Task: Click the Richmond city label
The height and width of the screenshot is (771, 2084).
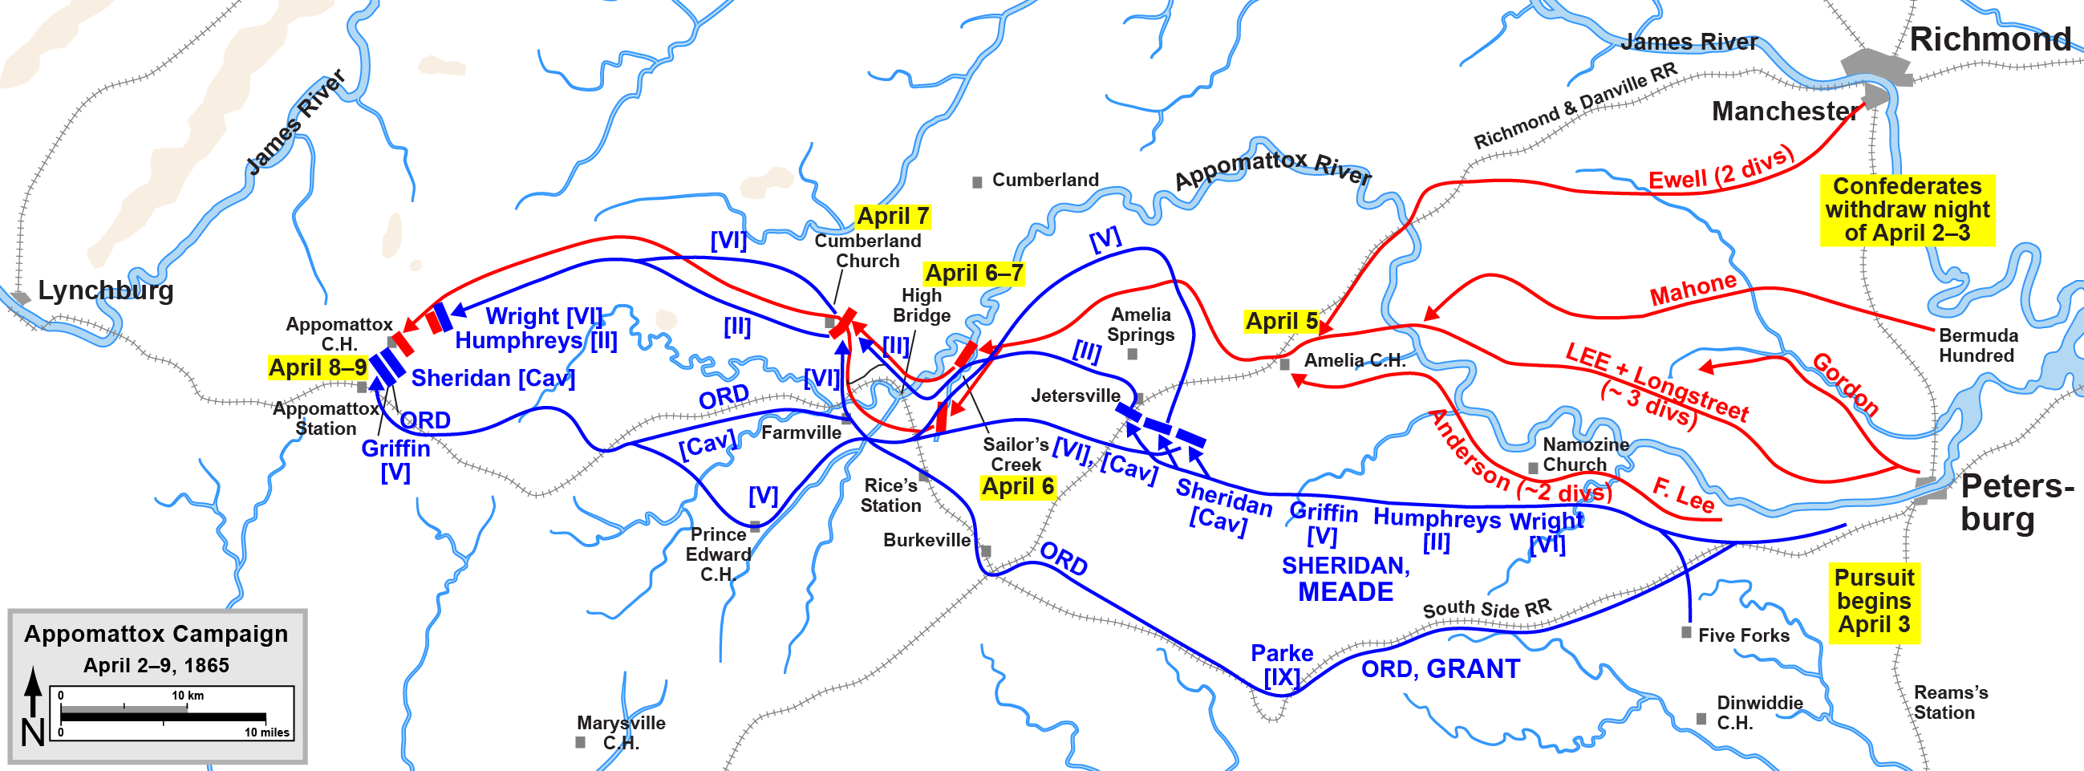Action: [1989, 39]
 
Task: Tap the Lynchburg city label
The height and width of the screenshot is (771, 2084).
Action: [106, 290]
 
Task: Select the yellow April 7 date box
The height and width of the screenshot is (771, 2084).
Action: [892, 216]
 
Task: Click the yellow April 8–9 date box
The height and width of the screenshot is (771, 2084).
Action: [317, 367]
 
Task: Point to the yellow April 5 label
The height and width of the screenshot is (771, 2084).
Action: [1282, 321]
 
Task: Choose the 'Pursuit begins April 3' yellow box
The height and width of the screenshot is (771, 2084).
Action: [1874, 601]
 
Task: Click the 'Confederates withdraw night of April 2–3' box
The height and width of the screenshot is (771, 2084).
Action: [1907, 209]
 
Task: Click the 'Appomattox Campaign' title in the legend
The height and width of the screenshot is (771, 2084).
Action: [156, 634]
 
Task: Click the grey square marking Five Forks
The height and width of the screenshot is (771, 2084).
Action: [1686, 632]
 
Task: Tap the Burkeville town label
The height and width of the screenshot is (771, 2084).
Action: [926, 540]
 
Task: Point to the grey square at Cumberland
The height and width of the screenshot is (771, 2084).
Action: [977, 183]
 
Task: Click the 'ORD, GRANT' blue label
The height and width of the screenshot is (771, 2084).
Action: [1440, 669]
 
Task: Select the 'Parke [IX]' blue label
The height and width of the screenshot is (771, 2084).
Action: [1282, 664]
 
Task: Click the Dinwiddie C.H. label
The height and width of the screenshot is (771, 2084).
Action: [1759, 712]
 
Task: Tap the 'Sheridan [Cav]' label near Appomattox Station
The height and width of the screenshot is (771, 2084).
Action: [493, 378]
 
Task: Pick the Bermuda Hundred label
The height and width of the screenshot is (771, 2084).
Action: [1978, 346]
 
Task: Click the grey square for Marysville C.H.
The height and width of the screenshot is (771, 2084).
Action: [580, 742]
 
